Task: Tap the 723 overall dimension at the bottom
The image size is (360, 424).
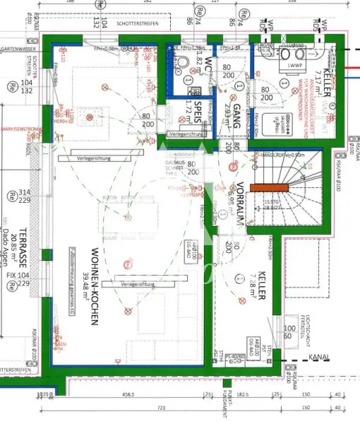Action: (x=161, y=408)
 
